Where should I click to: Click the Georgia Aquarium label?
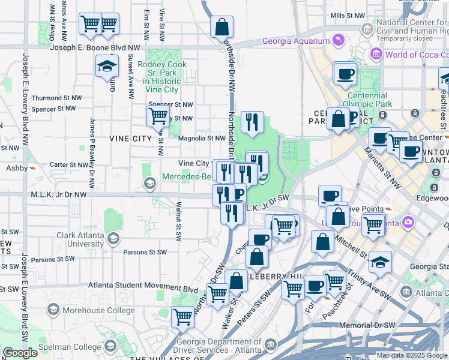point(296,41)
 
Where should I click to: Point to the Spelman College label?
point(70,347)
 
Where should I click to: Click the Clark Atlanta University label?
point(80,240)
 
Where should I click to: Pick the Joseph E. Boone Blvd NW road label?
point(95,47)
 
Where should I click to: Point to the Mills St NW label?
point(347,15)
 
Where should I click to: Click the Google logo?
point(20,353)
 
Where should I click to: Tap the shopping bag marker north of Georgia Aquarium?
point(221,27)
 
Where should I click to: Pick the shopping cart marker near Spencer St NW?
point(158,115)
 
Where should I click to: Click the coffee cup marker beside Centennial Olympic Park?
point(345,74)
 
